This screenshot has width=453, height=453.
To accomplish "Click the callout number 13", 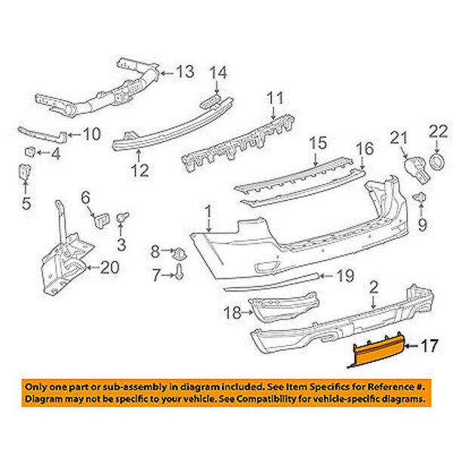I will (x=184, y=72).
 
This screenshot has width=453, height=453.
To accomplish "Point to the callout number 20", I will (x=109, y=267).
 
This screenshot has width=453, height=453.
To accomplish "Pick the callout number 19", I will (x=344, y=277).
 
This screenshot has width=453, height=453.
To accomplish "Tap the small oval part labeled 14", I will (x=211, y=101).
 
